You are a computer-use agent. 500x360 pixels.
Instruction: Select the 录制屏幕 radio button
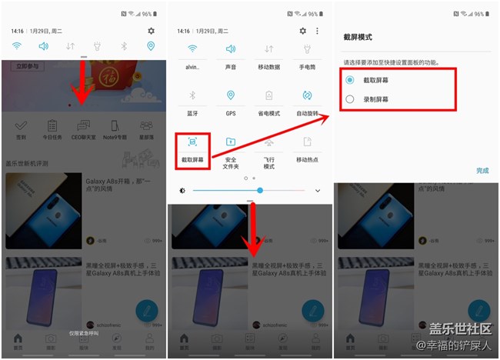(350, 99)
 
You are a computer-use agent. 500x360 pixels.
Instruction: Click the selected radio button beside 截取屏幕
(350, 80)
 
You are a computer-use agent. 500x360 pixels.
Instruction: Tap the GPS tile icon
(231, 95)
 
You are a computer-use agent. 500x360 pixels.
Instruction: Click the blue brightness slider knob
(260, 190)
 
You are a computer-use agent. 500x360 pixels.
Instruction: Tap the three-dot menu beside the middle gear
(317, 31)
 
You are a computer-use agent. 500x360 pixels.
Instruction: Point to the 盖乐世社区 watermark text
(458, 329)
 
